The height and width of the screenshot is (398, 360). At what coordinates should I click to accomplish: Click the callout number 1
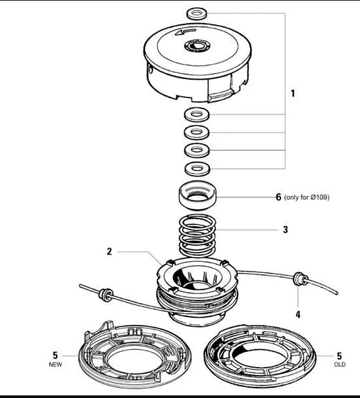click(x=293, y=93)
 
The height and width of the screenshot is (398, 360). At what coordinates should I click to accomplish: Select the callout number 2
click(x=109, y=251)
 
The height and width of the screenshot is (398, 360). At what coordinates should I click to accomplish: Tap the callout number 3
click(x=286, y=230)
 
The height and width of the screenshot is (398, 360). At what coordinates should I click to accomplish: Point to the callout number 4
click(x=298, y=314)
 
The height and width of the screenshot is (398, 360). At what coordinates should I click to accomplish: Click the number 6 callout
click(x=278, y=197)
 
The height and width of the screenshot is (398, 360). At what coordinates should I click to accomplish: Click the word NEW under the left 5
click(x=55, y=364)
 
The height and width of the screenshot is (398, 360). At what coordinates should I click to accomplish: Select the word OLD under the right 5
click(x=340, y=364)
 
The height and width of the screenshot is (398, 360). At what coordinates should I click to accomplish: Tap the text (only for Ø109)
click(x=307, y=197)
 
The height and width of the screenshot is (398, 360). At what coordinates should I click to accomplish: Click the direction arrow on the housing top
click(x=186, y=32)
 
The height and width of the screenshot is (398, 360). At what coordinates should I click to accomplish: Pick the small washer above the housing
click(x=197, y=13)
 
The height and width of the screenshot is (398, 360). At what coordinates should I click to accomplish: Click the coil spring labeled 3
click(x=197, y=236)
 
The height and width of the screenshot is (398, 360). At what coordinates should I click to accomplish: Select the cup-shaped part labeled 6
click(x=197, y=195)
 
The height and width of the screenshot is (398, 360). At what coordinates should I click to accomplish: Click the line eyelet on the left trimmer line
click(x=105, y=295)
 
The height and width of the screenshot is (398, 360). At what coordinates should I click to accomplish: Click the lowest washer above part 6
click(x=197, y=169)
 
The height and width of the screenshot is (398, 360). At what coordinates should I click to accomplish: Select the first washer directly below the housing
click(x=197, y=114)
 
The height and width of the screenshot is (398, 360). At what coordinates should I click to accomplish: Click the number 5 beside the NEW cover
click(x=55, y=355)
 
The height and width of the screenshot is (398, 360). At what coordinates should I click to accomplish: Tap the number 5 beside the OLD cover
click(x=340, y=355)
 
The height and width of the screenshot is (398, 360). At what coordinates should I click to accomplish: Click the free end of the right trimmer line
click(x=337, y=293)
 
